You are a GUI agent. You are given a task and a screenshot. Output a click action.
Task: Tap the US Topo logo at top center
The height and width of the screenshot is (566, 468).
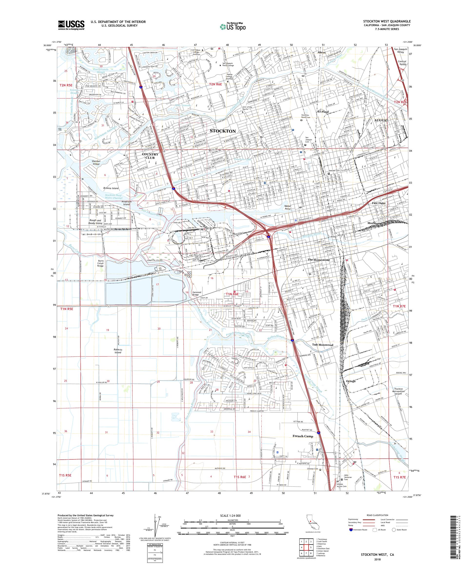pyautogui.click(x=233, y=26)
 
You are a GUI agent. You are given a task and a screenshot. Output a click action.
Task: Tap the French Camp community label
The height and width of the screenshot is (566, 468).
pyautogui.click(x=303, y=436)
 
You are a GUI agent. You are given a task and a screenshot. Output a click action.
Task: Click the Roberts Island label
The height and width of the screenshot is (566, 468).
pyautogui.click(x=118, y=351)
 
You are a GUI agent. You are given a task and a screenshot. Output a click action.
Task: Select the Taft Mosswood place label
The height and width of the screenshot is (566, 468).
pyautogui.click(x=322, y=345)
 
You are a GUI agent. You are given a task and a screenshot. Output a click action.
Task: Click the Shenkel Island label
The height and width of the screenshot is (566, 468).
pyautogui.click(x=96, y=162)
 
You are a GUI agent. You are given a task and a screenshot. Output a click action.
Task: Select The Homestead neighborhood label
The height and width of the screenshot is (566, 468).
pyautogui.click(x=319, y=260)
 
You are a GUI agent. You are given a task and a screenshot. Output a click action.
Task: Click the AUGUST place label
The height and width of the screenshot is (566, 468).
pyautogui.click(x=381, y=120)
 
